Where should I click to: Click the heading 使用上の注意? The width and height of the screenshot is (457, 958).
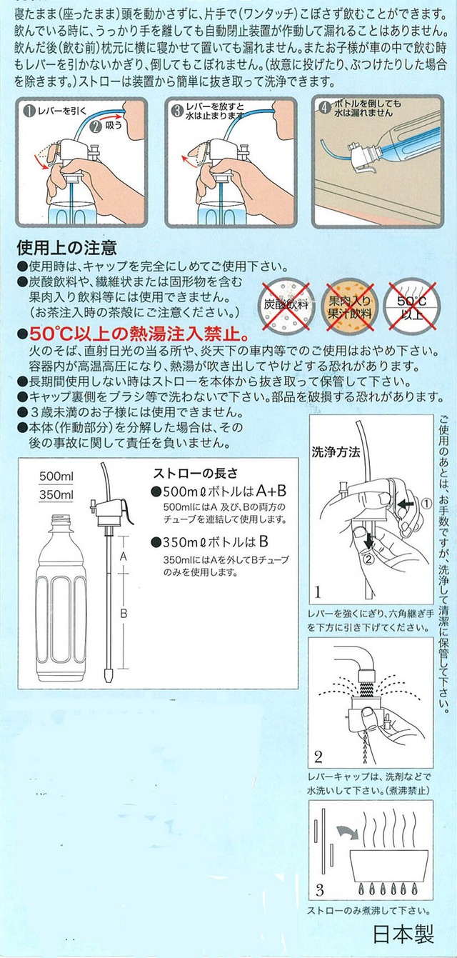pyautogui.click(x=66, y=247)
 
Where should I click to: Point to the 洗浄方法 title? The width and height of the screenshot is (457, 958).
pyautogui.click(x=336, y=452)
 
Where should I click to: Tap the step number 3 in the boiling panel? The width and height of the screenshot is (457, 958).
pyautogui.click(x=319, y=890)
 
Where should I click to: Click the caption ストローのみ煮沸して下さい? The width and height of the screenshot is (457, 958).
pyautogui.click(x=368, y=911)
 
